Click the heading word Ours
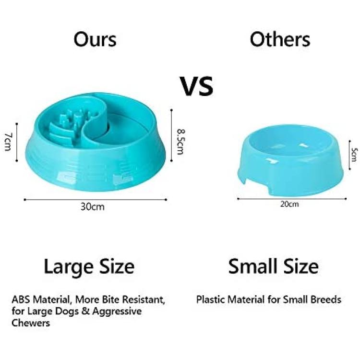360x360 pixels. pos(95,39)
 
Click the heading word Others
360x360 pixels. pos(280,39)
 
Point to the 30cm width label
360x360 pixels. pos(93,207)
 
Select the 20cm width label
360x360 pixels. pos(289,204)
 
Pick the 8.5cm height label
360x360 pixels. pos(180,142)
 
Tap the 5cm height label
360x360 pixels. pos(355,155)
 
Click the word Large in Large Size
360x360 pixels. pos(68,267)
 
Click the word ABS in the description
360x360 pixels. pos(21,300)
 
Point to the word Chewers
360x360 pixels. pos(31,323)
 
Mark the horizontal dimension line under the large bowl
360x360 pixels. pos(96,200)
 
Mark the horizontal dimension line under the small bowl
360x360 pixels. pos(292,199)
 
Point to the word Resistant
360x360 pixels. pos(143,300)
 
